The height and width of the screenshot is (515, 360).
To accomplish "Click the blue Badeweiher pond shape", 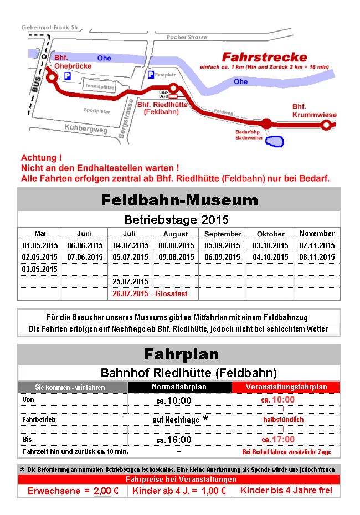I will [274, 141].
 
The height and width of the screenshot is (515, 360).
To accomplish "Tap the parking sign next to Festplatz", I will [151, 74].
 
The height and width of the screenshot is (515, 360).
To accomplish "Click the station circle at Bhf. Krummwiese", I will [326, 125].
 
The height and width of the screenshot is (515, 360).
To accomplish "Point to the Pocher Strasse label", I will [187, 37].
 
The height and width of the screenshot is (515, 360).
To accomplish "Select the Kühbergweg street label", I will [85, 129].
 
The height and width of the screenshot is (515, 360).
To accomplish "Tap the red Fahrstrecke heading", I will [264, 57].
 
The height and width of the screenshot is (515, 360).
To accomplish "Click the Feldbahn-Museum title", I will [179, 199].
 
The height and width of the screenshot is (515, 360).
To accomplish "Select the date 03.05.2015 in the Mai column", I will [40, 269].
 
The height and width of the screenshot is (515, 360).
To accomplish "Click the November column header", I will [317, 234].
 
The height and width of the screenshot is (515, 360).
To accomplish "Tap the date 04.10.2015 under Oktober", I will [271, 257].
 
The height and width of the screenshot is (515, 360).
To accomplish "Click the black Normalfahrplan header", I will [179, 387].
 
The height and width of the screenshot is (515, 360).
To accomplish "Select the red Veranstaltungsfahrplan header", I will [286, 387].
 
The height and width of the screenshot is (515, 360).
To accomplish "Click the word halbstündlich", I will [283, 420].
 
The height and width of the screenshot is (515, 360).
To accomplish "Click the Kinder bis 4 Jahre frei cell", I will [286, 491].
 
